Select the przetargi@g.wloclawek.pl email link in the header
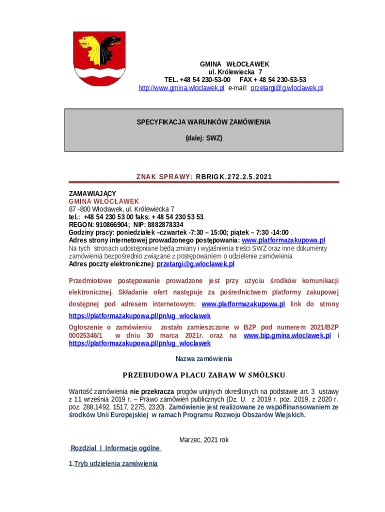click(286, 88)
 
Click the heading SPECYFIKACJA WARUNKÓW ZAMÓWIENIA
click(204, 122)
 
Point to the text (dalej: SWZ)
click(204, 137)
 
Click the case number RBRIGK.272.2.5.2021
click(234, 177)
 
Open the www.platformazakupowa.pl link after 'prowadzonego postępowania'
click(283, 240)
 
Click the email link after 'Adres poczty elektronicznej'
click(195, 263)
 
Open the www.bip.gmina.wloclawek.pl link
click(287, 335)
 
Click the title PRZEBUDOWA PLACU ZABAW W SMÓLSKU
click(204, 375)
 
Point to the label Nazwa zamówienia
click(204, 358)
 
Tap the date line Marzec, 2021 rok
click(204, 439)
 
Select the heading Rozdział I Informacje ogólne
click(115, 448)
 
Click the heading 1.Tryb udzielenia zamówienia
click(113, 464)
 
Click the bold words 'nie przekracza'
click(152, 391)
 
